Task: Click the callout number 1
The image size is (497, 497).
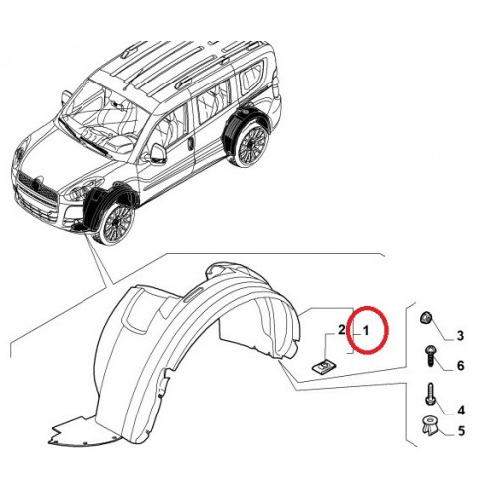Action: coord(366,331)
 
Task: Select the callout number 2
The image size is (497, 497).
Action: coord(342,330)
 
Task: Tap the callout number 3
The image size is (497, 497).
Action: coord(460,336)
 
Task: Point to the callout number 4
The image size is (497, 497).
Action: coord(461,411)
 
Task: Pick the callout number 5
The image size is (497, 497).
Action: coord(461,431)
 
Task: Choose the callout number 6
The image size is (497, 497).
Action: coord(461,366)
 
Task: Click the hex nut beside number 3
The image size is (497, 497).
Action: coord(426,318)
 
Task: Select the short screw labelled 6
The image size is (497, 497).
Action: coord(430,356)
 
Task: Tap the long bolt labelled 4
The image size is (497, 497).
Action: coord(430,394)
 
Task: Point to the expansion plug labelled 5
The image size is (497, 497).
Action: coord(430,425)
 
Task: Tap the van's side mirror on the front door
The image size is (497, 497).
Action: coord(158,154)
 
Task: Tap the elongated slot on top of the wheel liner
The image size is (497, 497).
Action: coord(196,295)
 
